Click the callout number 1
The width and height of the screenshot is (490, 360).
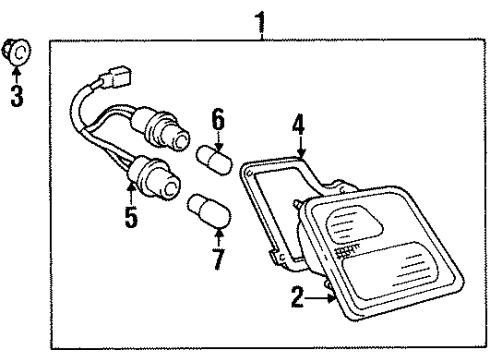click(262, 17)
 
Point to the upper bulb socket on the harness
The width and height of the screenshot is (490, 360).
click(159, 134)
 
